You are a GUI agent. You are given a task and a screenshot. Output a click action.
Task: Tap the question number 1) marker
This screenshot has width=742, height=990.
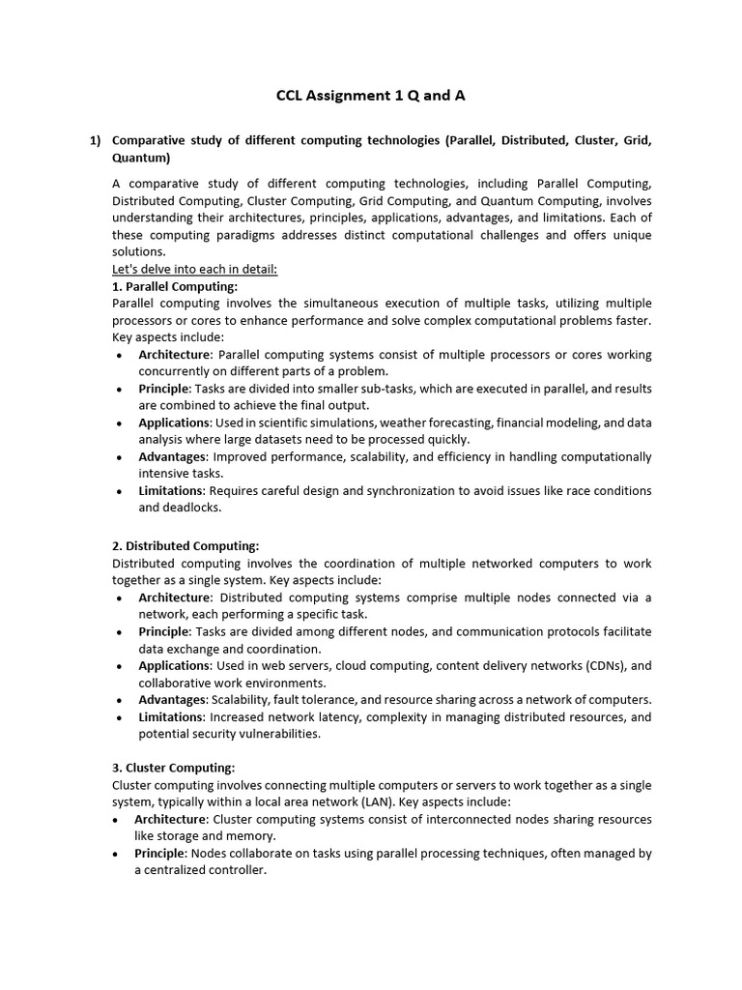pyautogui.click(x=96, y=140)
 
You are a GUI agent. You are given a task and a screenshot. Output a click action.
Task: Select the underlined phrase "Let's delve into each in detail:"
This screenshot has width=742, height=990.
pyautogui.click(x=195, y=269)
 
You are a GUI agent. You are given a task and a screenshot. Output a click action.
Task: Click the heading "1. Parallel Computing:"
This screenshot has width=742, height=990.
pyautogui.click(x=175, y=286)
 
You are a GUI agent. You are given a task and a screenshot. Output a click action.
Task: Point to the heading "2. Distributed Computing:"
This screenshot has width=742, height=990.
pyautogui.click(x=185, y=546)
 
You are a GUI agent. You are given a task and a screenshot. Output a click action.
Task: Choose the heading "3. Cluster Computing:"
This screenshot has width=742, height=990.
pyautogui.click(x=174, y=768)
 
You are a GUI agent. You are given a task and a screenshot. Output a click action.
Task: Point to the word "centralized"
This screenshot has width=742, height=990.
pyautogui.click(x=192, y=870)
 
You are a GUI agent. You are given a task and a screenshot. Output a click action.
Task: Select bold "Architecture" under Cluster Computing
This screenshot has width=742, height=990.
pyautogui.click(x=173, y=819)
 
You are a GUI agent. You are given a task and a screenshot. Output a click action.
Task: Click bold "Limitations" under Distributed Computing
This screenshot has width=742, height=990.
pyautogui.click(x=171, y=717)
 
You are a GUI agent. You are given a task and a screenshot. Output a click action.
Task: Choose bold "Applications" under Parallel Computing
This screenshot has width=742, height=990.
pyautogui.click(x=174, y=422)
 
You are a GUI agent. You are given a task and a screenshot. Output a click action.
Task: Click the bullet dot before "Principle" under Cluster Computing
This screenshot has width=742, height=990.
pyautogui.click(x=118, y=854)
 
